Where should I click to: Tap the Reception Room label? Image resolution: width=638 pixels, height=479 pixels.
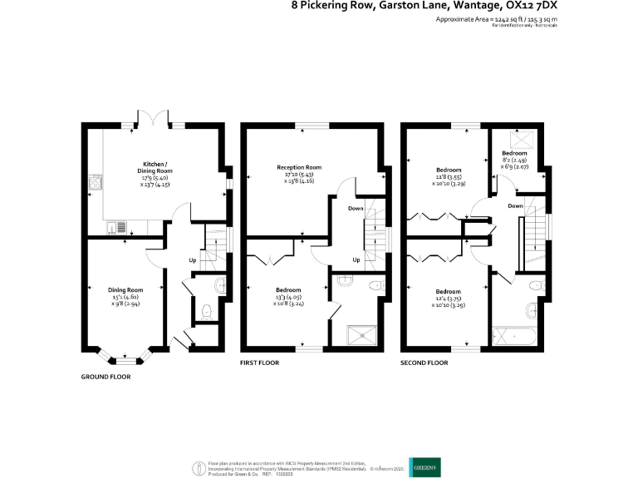(x=299, y=167)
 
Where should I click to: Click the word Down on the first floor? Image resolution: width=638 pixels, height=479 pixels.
(x=356, y=208)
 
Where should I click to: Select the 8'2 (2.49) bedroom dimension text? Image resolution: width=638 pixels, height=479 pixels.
(x=514, y=160)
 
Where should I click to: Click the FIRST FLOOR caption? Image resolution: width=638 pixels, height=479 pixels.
(x=259, y=363)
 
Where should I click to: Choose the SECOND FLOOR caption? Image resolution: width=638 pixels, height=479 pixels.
(x=424, y=363)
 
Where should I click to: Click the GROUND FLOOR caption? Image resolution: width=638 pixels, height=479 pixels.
(x=106, y=376)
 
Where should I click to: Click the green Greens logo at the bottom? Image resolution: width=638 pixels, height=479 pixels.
(x=420, y=467)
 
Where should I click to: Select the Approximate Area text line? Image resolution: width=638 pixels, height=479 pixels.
(x=496, y=17)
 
